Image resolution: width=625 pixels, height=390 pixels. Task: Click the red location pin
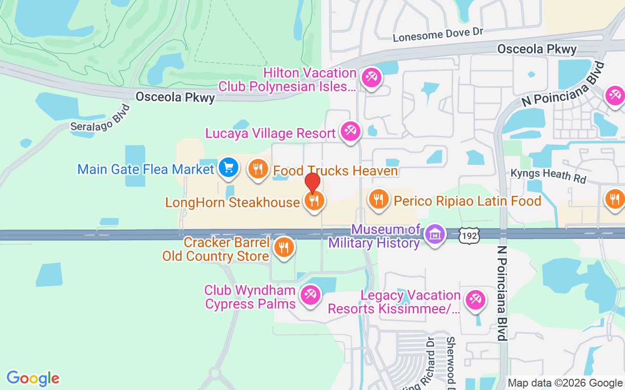(x=312, y=182)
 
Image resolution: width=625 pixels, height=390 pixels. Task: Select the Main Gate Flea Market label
(x=146, y=170)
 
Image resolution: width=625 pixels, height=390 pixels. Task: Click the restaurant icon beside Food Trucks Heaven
(x=258, y=169)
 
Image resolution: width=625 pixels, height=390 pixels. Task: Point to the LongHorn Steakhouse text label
(x=232, y=202)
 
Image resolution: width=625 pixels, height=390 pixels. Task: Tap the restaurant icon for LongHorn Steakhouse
(x=314, y=200)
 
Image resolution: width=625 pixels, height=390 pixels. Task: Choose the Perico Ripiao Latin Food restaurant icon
(x=378, y=199)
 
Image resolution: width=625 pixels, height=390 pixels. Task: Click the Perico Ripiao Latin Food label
(x=467, y=201)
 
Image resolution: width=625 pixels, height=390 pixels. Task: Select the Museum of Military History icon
(x=434, y=234)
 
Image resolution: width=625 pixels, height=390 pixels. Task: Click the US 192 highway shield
(x=469, y=236)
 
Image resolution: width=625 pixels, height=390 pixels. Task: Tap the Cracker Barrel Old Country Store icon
(x=284, y=247)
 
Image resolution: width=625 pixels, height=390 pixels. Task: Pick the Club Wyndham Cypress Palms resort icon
(x=310, y=295)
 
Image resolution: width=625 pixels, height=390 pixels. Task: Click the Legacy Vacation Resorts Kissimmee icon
(x=475, y=300)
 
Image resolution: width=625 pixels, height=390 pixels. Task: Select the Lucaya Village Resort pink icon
(x=350, y=131)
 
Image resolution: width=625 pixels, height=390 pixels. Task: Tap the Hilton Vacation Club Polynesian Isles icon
(x=371, y=78)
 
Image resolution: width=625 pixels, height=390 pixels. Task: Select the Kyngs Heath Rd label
(x=548, y=175)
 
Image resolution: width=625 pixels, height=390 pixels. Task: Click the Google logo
(x=33, y=378)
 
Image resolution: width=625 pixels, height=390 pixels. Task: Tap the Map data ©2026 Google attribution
(x=565, y=383)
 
